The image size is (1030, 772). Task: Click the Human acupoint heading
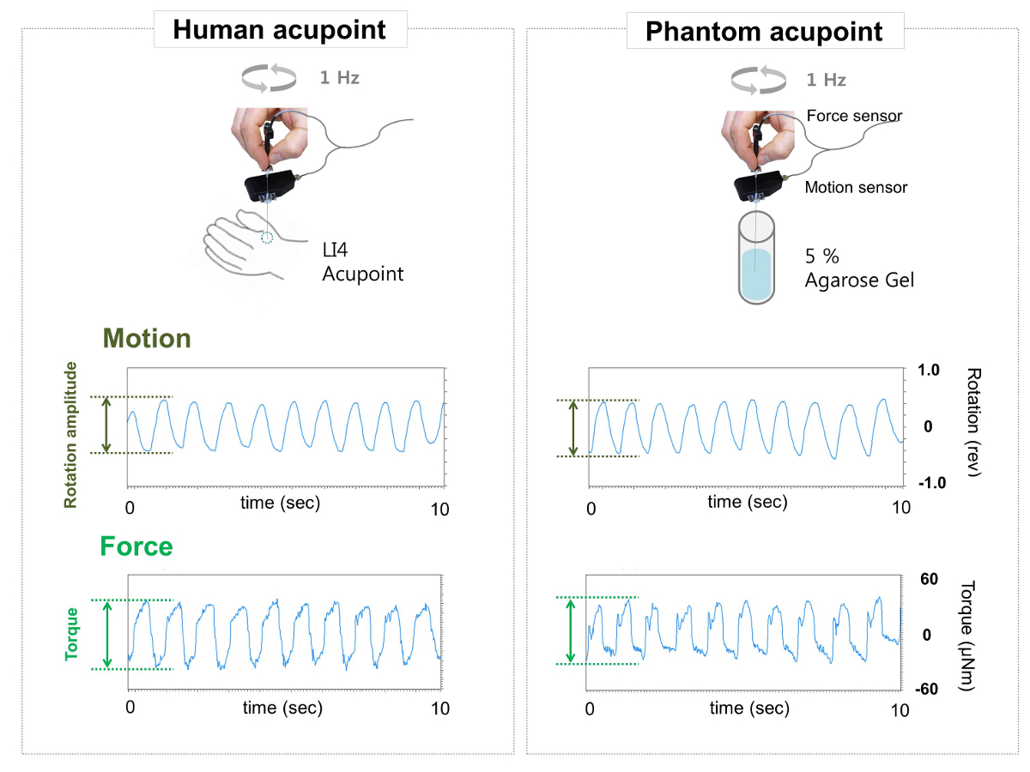point(279,30)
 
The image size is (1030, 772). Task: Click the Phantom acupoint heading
point(763,32)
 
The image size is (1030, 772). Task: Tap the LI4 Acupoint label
point(361,263)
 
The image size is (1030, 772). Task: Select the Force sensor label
point(854,116)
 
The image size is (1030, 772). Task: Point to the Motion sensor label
point(856,187)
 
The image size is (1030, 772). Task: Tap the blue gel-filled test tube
point(755,257)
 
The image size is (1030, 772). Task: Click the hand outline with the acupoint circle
point(245,249)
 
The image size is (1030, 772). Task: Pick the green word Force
point(136,546)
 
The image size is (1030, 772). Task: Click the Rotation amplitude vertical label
point(71,435)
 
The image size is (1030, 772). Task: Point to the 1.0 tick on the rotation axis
point(930,371)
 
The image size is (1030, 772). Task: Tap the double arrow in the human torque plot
point(107,634)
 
